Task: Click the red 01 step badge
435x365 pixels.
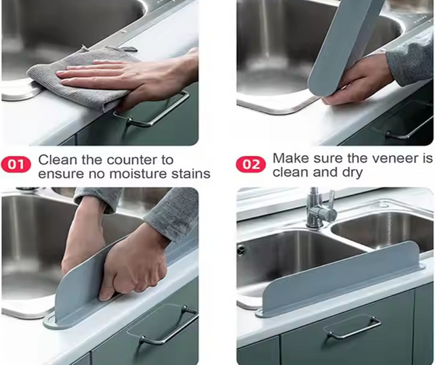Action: coord(15,165)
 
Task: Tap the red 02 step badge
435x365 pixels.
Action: coord(250,165)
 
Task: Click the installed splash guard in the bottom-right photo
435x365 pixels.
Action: coord(341,279)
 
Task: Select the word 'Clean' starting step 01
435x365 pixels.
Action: coord(55,159)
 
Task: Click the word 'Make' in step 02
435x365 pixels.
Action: coord(289,157)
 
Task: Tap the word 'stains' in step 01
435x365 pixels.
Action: coord(186,173)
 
